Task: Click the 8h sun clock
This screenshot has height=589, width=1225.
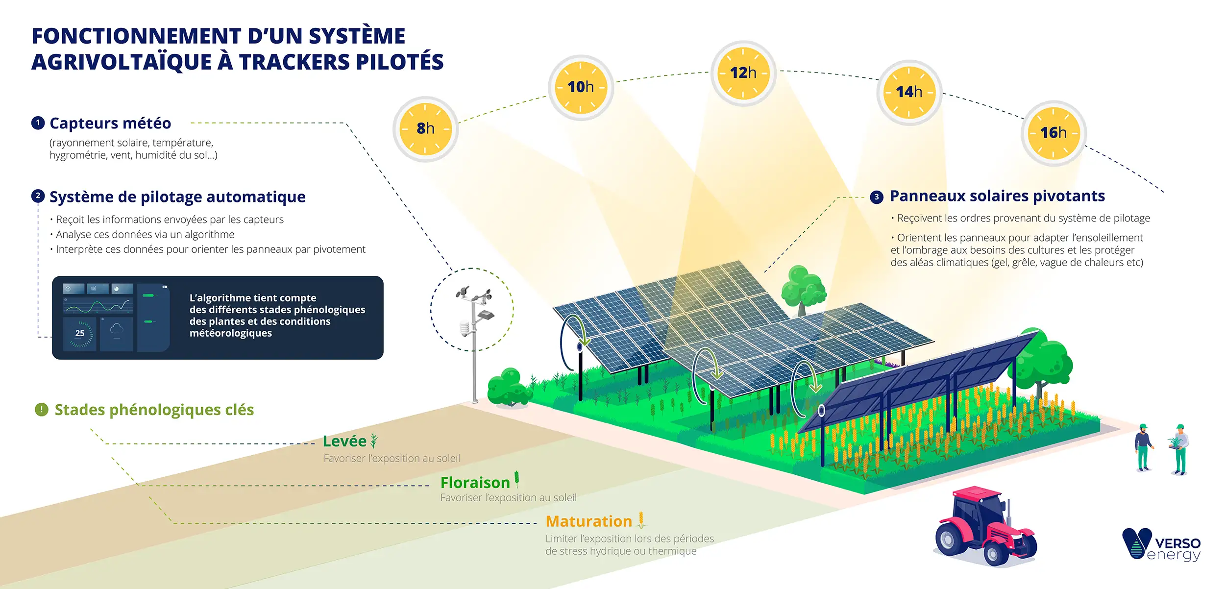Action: pos(425,129)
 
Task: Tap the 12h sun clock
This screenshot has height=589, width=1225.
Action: pos(743,73)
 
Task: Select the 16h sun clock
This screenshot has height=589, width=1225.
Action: pos(1053,133)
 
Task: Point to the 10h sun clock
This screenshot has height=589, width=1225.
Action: pos(581,87)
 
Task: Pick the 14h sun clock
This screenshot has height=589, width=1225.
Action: pos(909,92)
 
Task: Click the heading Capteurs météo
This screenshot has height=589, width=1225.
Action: pos(110,123)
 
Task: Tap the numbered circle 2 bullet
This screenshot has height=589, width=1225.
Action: pos(38,196)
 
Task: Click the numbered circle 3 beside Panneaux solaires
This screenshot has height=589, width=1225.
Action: pos(877,197)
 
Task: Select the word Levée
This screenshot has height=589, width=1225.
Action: pos(344,441)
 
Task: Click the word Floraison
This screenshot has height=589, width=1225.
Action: pos(475,483)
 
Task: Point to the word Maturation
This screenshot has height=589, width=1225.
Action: pos(588,521)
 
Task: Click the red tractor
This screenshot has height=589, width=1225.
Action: pos(985,527)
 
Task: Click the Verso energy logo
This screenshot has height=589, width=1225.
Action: pos(1161,544)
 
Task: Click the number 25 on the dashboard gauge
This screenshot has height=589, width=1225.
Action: pos(80,333)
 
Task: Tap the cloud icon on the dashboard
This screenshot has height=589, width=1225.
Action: pos(117,329)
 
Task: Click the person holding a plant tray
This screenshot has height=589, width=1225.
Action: pos(1180,448)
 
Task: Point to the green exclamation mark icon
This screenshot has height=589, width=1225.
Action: pos(42,410)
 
